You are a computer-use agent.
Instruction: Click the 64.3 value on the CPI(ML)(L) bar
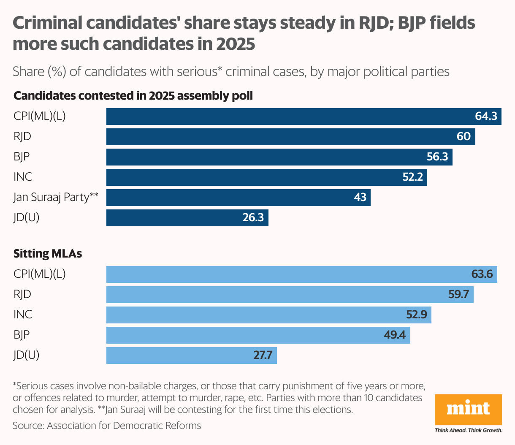click(x=486, y=116)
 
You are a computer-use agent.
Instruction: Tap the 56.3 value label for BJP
click(x=437, y=157)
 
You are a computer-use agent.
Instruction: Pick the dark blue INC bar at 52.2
click(x=266, y=177)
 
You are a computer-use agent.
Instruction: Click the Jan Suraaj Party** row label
click(x=56, y=197)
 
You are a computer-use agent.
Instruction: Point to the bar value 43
click(x=360, y=197)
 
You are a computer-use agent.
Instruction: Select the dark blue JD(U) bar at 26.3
click(x=187, y=218)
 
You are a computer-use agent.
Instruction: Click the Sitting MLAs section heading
click(x=48, y=253)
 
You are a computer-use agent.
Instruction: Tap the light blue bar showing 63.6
click(x=301, y=274)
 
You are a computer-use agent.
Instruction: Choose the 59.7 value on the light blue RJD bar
click(x=458, y=294)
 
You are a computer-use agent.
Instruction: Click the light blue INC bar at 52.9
click(x=268, y=315)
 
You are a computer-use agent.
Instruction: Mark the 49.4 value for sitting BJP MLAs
click(x=395, y=335)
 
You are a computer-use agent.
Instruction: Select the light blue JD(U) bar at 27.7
click(x=191, y=355)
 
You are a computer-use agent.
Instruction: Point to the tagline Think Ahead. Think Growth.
click(x=468, y=431)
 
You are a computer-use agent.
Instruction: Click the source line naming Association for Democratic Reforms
click(x=107, y=426)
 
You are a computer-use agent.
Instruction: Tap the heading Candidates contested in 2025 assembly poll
click(x=133, y=96)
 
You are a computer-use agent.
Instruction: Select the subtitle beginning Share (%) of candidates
click(x=231, y=71)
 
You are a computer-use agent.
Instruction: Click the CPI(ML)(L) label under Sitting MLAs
click(x=40, y=274)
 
